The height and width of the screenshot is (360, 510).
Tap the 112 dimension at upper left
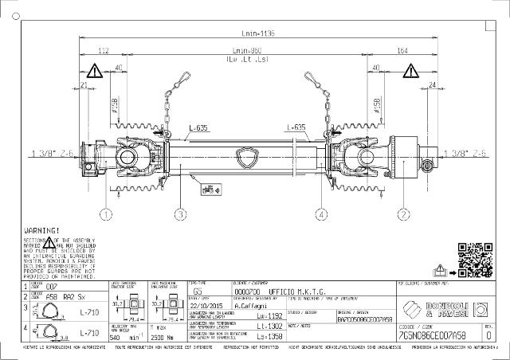pos(103,50)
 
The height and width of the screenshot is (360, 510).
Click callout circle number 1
pos(105,213)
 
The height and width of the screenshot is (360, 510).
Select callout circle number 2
pos(404,213)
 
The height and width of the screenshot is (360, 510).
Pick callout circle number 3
pos(181,213)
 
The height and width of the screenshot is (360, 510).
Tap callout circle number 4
pos(321,213)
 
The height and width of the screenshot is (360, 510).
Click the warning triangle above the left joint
pos(95,71)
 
